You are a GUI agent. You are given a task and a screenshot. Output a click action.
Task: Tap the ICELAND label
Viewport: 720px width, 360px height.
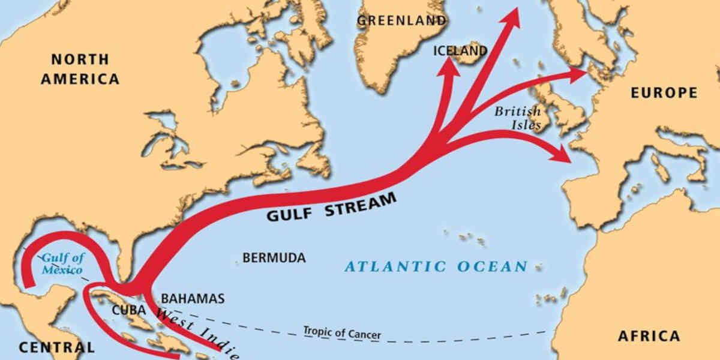click(x=460, y=51)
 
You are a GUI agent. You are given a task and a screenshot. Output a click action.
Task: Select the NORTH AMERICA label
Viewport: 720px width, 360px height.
click(x=85, y=69)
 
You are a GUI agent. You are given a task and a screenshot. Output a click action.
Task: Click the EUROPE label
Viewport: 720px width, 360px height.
click(x=664, y=93)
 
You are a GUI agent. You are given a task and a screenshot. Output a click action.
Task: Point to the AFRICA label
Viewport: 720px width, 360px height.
click(x=649, y=335)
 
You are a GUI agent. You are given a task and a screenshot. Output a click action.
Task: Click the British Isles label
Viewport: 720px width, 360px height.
click(x=517, y=118)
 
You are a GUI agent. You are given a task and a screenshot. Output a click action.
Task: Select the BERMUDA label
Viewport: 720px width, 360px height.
click(x=274, y=258)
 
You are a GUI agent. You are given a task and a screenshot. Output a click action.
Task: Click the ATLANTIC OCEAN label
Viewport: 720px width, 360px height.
click(x=436, y=266)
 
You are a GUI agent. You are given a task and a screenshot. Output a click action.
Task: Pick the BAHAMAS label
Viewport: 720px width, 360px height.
click(x=193, y=298)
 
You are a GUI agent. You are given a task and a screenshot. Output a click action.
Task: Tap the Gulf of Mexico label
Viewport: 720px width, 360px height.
click(x=62, y=264)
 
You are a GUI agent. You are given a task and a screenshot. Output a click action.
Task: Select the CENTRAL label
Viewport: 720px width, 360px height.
click(x=56, y=347)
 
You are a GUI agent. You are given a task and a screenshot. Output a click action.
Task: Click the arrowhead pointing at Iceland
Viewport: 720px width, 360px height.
click(x=447, y=67)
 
